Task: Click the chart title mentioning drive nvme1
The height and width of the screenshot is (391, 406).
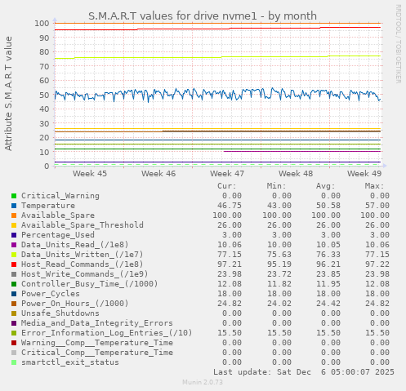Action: click(202, 16)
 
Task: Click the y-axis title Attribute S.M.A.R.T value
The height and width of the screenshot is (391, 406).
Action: click(9, 93)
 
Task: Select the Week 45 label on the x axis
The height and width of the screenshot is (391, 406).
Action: click(89, 174)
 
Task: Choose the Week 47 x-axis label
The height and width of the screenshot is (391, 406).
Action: click(226, 174)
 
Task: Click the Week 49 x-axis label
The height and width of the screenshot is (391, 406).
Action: click(364, 174)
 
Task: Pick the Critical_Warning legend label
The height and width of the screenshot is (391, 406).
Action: click(60, 196)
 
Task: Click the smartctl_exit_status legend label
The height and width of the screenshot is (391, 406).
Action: click(69, 362)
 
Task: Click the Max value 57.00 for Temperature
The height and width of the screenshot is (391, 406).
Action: click(373, 206)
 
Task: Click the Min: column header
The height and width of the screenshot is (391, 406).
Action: click(279, 186)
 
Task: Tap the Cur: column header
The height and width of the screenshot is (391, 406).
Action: click(227, 186)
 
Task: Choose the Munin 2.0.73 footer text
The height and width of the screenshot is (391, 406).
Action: click(202, 382)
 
